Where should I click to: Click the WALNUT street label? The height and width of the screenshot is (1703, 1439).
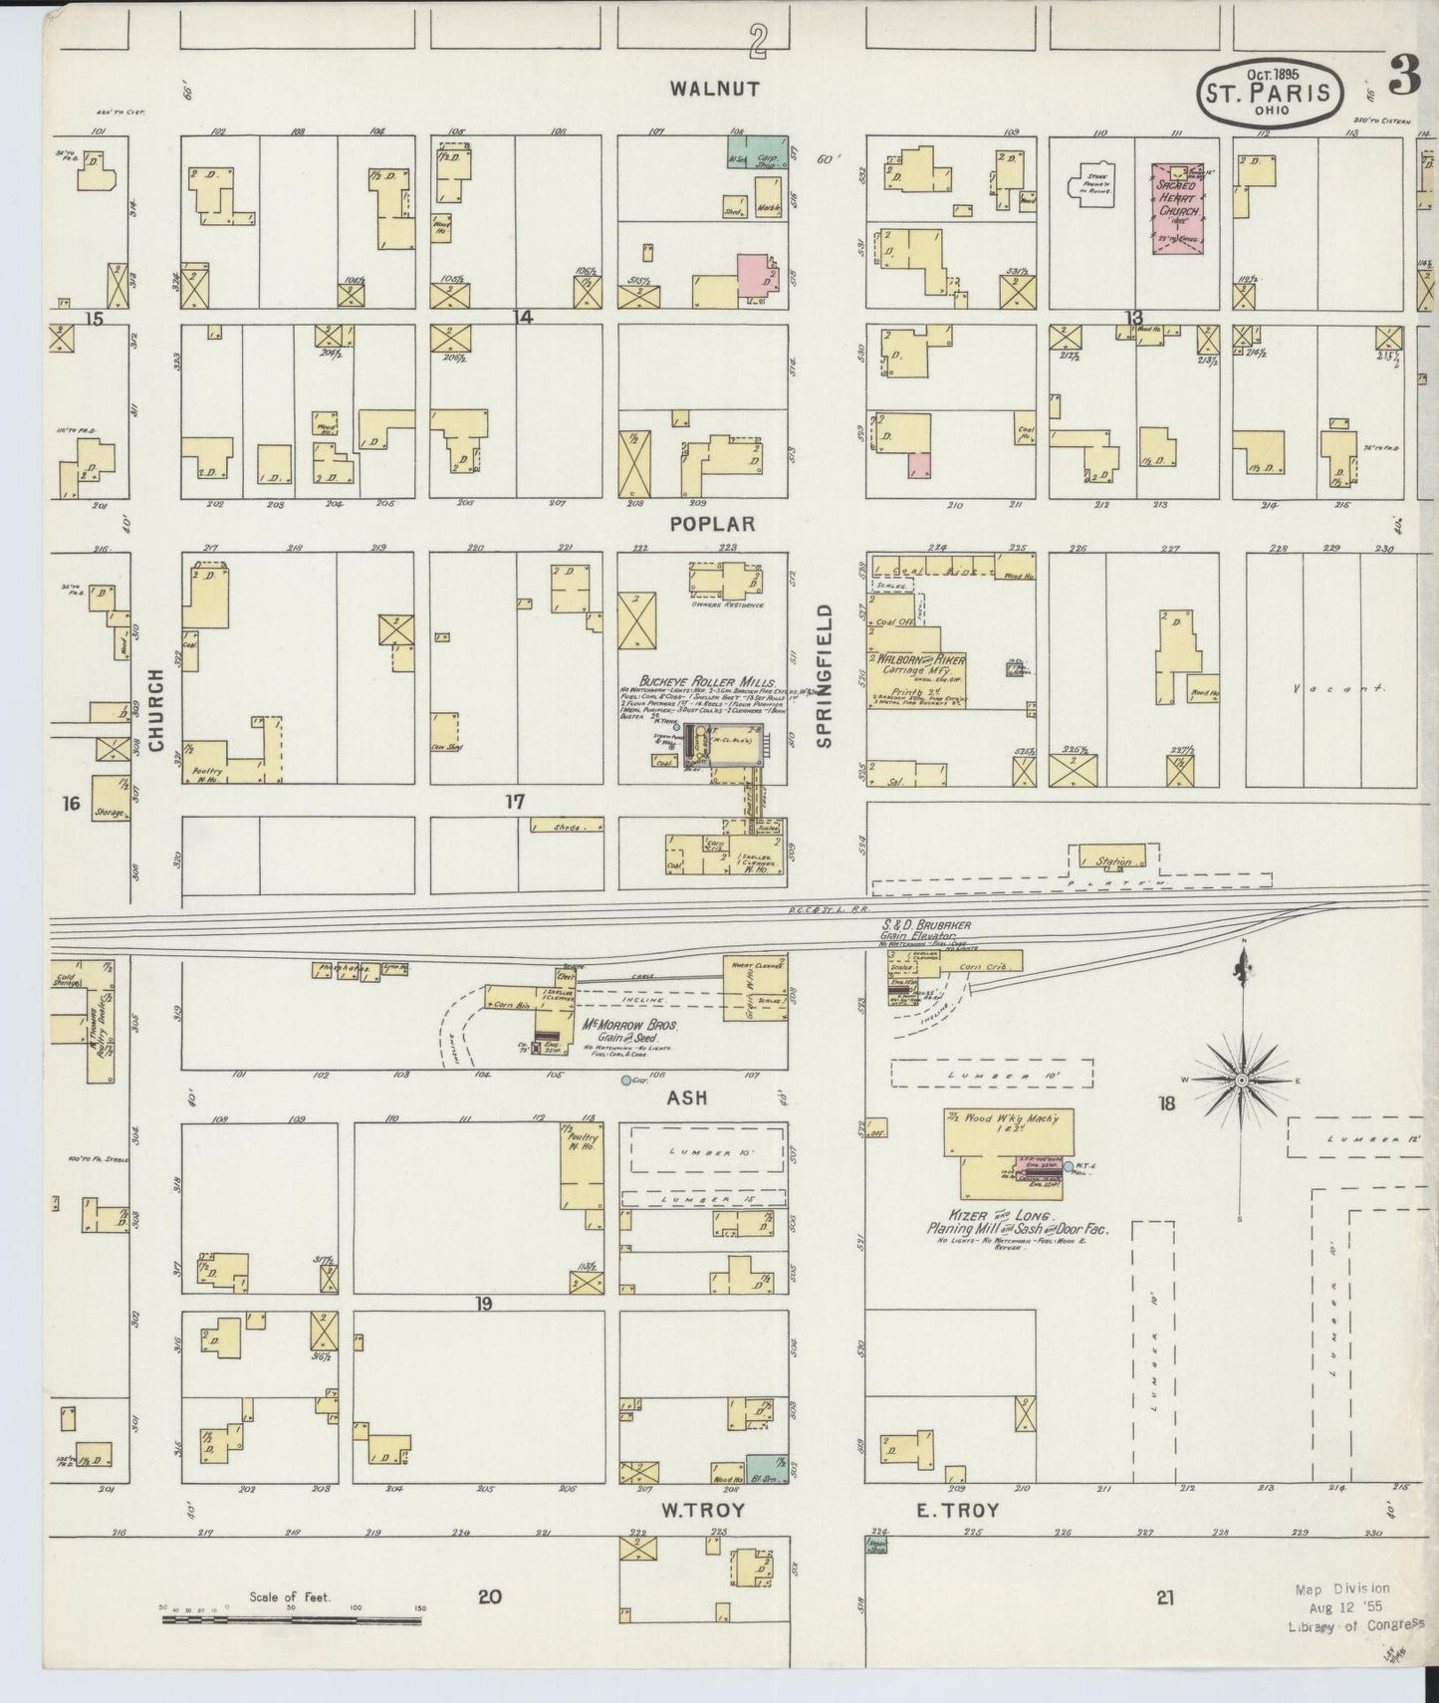coord(714,89)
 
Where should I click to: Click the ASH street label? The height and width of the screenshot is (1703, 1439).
coord(686,1096)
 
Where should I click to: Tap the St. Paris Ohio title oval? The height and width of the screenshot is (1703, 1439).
coord(1269,94)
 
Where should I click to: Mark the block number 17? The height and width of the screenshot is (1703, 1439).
coord(514,801)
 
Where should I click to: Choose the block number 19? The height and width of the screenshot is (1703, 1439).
coord(483,1304)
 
